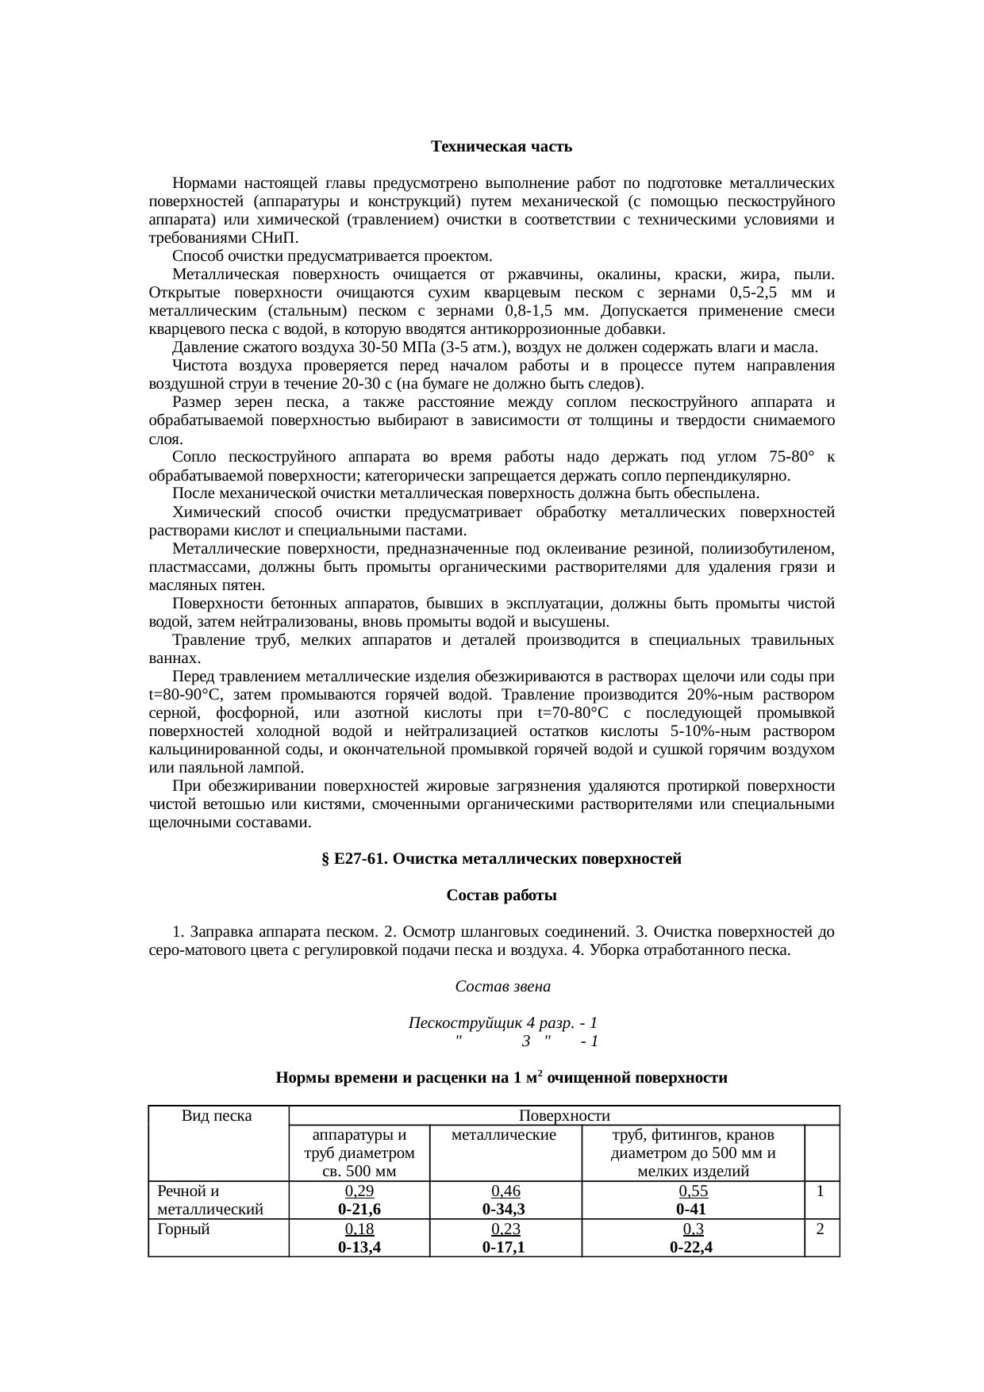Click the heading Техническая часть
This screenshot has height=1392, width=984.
click(x=501, y=147)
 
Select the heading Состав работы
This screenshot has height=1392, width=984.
click(x=501, y=895)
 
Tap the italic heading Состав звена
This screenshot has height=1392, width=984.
click(x=502, y=987)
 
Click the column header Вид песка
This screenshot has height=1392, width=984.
click(x=217, y=1116)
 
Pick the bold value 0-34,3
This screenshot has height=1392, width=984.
click(x=505, y=1209)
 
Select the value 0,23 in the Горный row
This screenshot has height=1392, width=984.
click(x=505, y=1229)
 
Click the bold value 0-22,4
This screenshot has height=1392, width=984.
click(x=691, y=1247)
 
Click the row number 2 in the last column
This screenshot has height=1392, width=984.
click(x=821, y=1229)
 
